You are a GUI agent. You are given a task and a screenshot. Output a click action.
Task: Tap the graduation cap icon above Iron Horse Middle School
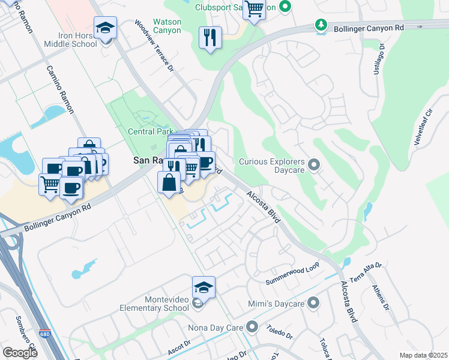coord(106,29)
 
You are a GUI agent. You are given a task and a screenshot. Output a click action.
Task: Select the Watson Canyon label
coord(167,26)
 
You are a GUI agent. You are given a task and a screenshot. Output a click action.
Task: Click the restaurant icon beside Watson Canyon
coord(210,38)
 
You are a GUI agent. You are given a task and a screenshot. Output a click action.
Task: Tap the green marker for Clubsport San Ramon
coord(286,7)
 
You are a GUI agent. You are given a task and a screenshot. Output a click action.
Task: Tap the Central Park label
coord(149,131)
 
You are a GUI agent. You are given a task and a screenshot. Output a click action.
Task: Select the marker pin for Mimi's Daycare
coord(312,304)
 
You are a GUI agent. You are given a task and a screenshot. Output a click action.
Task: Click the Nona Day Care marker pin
coord(252,328)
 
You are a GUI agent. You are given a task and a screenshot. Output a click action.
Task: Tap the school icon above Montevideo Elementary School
coord(204,287)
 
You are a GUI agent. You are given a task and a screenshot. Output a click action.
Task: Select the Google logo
coord(20,353)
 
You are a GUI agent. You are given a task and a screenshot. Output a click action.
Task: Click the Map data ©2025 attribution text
coord(423,355)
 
